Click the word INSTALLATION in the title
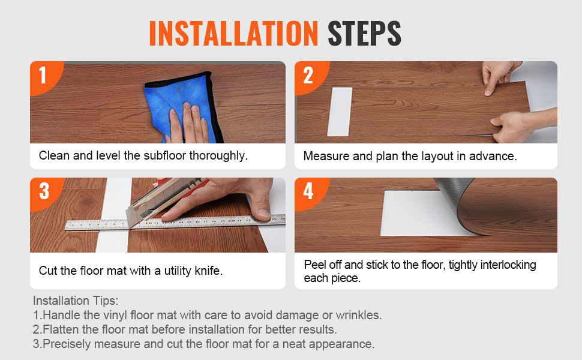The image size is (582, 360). click(x=233, y=34)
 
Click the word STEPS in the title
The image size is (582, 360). click(x=364, y=34)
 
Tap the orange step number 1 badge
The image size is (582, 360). click(x=44, y=76)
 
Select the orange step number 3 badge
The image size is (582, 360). click(x=44, y=192)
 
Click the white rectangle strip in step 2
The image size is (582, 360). click(x=340, y=112)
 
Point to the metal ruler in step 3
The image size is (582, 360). click(x=175, y=222)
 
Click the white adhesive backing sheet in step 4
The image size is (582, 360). click(x=419, y=213)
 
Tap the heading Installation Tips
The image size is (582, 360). click(x=76, y=300)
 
